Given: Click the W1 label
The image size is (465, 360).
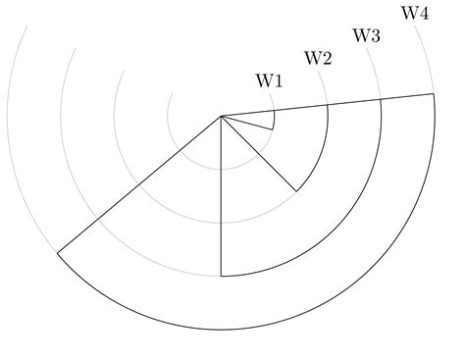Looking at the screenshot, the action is [270, 81].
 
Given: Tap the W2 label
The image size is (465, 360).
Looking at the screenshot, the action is [318, 58].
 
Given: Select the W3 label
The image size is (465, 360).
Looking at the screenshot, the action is [367, 35].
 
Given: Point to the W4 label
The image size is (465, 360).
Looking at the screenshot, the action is [415, 13].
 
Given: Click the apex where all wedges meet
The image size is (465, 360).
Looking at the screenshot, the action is [222, 116].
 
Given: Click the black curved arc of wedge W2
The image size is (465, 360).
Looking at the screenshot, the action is [322, 147].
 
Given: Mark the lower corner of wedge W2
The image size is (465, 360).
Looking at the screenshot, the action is [296, 190].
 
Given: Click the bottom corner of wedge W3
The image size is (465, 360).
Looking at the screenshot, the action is [222, 277].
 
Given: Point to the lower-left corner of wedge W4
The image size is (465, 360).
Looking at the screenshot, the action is [58, 253].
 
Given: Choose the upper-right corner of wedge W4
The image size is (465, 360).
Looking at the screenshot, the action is [434, 94].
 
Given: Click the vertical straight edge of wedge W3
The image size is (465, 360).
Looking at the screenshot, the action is [222, 196].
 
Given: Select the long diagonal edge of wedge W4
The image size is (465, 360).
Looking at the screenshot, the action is [139, 184].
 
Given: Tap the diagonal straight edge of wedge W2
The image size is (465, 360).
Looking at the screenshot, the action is [259, 153].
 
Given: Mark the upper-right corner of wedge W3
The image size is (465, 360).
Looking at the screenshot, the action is [381, 100].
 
